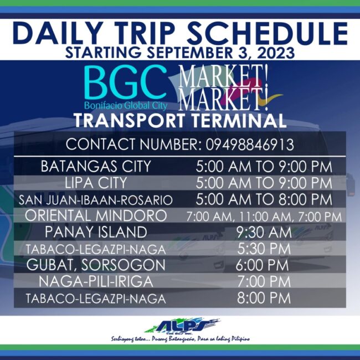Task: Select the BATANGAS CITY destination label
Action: [96, 166]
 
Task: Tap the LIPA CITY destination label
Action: [96, 182]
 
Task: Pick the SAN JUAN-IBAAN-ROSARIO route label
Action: [96, 199]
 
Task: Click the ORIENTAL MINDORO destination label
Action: [96, 215]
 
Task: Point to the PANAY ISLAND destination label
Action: [96, 232]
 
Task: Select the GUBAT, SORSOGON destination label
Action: [96, 265]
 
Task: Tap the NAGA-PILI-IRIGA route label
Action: [96, 281]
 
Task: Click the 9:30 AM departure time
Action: [264, 232]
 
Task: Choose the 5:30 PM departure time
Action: [264, 248]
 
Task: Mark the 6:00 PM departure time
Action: [264, 265]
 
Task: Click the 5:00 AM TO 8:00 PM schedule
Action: [264, 199]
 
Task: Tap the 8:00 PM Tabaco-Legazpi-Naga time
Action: [264, 298]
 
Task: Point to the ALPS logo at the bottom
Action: [181, 325]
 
